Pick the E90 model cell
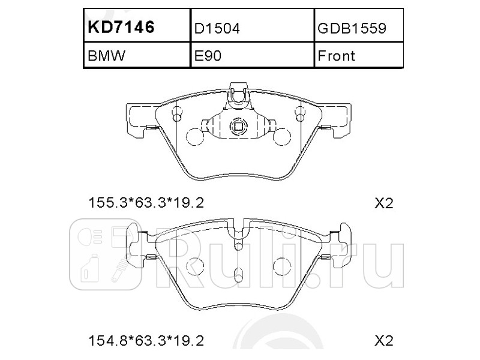pos(208,56)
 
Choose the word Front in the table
pos(336,56)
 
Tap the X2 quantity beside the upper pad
pos(383,203)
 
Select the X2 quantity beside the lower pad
pos(383,341)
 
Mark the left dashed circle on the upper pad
pos(195,137)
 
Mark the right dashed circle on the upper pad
pos(281,137)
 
